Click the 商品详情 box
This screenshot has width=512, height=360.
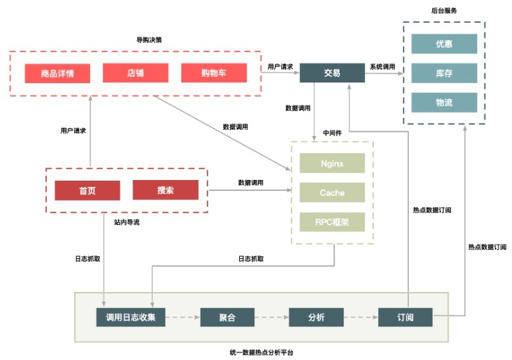[58, 73]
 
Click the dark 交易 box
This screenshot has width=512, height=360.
[332, 73]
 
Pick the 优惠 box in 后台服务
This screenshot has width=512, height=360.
[444, 44]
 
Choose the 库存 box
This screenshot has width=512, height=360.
[444, 74]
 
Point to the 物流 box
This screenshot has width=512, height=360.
[444, 103]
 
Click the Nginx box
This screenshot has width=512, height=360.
[332, 164]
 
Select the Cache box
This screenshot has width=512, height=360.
[332, 193]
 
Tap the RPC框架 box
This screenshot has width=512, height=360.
[332, 223]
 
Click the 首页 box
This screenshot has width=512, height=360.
[87, 190]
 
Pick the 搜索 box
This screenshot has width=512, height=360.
[166, 190]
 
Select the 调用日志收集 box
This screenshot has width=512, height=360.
[131, 317]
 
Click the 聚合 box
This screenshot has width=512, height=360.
[227, 317]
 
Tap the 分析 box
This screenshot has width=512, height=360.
[316, 317]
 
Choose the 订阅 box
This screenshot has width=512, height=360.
[405, 317]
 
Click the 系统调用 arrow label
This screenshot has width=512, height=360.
[382, 67]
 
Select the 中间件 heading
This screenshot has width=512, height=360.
[333, 132]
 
